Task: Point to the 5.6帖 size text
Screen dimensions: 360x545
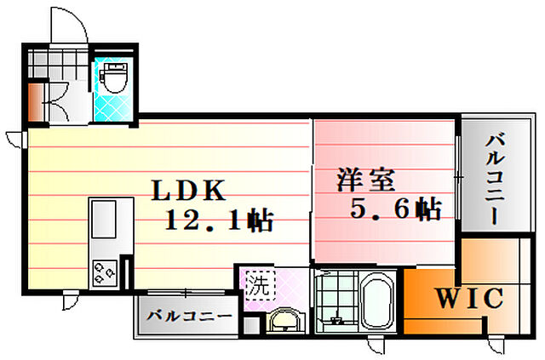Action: point(395,209)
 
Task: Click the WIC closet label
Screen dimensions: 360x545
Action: point(470,299)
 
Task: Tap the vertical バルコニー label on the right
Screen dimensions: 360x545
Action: point(493,180)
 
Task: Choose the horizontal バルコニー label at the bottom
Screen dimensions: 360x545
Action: point(189,316)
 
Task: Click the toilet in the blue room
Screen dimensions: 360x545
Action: point(113,80)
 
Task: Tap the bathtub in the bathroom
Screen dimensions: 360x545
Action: point(376,302)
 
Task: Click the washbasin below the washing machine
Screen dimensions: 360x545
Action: point(284,321)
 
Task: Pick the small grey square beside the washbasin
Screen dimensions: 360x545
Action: point(250,323)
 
